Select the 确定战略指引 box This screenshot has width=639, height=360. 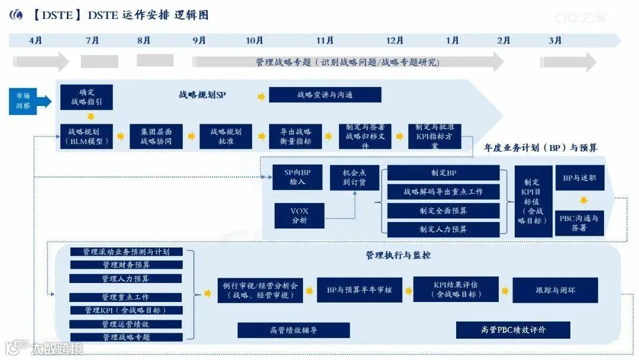pos(86,97)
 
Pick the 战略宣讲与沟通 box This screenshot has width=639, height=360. pos(325,95)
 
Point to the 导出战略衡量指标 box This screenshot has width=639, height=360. pos(291,137)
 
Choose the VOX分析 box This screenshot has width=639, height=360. pos(299,216)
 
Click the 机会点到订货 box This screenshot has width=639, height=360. pos(354,177)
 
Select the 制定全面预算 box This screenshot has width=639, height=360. pos(443,211)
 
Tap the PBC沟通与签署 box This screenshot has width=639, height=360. pos(579,223)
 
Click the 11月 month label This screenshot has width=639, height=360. pos(325,40)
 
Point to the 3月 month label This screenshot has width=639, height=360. pos(555,40)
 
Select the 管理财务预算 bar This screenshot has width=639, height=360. pos(125,265)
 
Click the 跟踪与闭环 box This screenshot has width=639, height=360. pos(555,290)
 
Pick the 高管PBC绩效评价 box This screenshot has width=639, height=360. pos(513,330)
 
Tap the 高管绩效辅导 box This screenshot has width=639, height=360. pos(293,330)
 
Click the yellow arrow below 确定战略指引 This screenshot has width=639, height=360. pos(91,117)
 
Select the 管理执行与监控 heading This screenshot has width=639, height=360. pos(398,255)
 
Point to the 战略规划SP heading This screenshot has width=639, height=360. pos(202,95)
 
